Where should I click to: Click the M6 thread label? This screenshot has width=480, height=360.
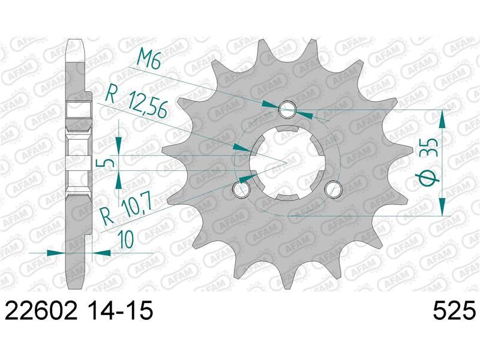(149, 59)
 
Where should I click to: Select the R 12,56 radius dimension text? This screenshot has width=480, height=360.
(137, 101)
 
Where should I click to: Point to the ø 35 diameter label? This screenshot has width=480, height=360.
(429, 162)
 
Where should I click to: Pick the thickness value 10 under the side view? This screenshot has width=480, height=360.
(126, 239)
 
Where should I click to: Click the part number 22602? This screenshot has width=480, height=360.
(41, 310)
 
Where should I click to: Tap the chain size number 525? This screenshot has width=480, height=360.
(454, 310)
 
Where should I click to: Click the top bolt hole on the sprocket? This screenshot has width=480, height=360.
(287, 109)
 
